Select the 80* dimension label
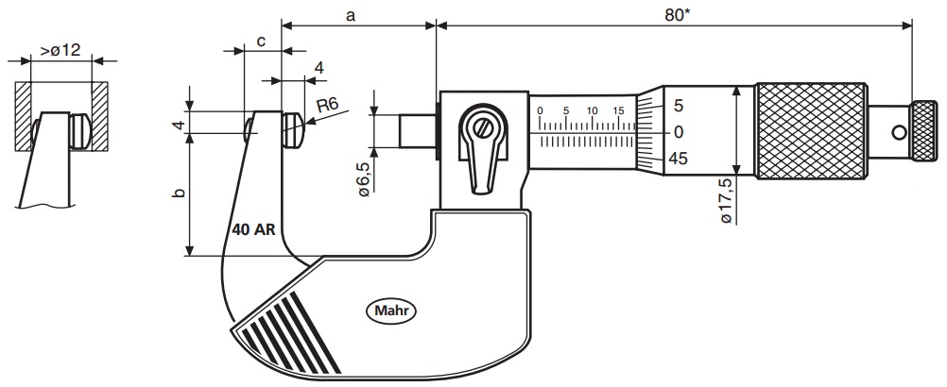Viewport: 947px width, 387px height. pos(673,15)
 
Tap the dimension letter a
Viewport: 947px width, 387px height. pos(352,15)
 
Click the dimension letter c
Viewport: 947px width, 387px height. pos(261,42)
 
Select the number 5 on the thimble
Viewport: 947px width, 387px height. pos(678,106)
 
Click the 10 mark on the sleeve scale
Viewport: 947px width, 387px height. pos(592,110)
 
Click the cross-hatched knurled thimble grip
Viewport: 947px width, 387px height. pos(810,130)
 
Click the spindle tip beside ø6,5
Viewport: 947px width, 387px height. pos(416,131)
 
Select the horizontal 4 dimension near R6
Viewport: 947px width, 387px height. pos(319,68)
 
